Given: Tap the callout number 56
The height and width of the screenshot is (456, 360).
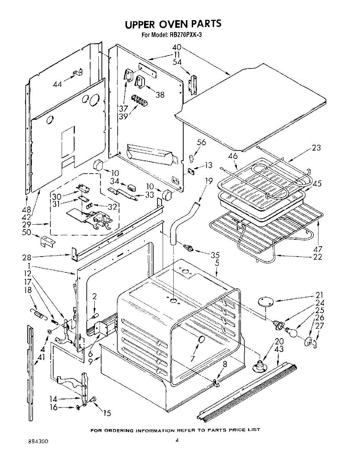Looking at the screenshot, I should coord(201,142).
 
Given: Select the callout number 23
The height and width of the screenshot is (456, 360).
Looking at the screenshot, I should coord(316,148).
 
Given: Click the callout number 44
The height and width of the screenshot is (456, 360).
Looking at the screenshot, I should coord(57,84).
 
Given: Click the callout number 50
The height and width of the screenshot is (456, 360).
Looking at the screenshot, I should coord(27,232).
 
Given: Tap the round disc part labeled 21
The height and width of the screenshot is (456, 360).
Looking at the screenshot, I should coord(266,302).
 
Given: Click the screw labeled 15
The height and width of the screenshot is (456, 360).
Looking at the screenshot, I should coord(94,399).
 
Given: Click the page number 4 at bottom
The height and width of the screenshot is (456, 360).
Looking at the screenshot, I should coord(177,441).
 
